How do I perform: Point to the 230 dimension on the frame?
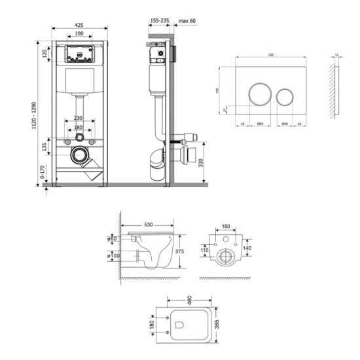(x=78, y=118)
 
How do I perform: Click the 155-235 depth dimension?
(x=159, y=21)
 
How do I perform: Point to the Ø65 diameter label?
(x=259, y=123)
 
